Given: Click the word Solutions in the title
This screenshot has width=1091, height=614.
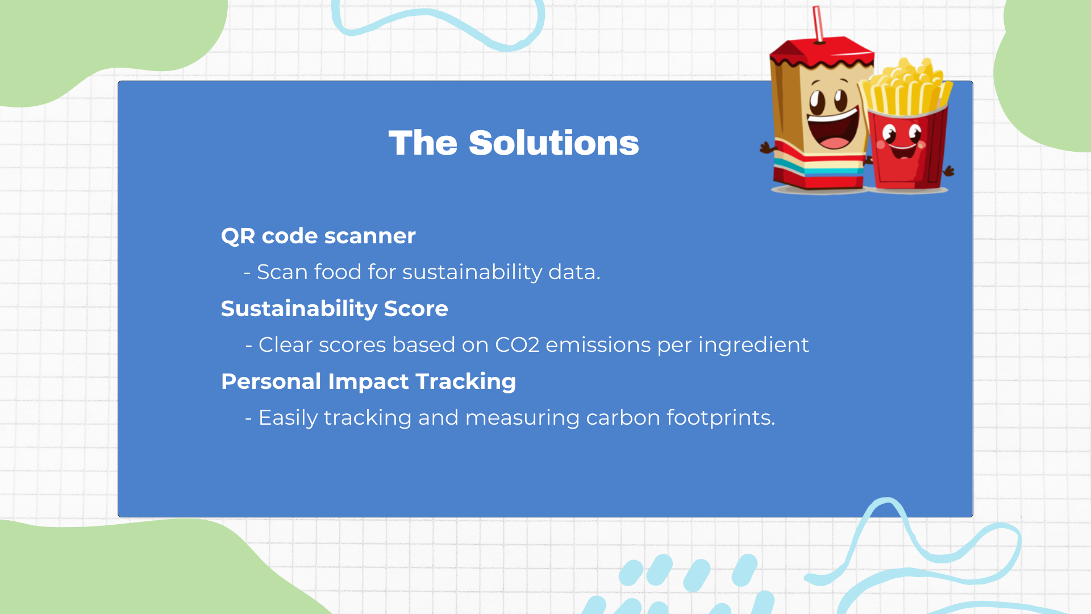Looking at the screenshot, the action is [x=553, y=143].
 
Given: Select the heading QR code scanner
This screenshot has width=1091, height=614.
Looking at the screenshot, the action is [x=318, y=236].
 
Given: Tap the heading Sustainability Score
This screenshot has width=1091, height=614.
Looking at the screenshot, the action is [x=334, y=309].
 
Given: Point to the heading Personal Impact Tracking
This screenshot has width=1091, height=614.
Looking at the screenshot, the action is [x=368, y=381].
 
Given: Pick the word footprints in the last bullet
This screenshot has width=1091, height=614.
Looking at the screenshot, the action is [x=721, y=418].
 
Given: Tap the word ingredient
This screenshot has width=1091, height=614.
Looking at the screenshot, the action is [x=753, y=345].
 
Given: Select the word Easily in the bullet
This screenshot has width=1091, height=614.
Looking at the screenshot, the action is [x=288, y=418].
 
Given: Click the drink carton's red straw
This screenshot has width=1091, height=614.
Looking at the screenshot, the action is [x=818, y=24].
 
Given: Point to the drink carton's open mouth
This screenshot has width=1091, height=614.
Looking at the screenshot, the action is [x=833, y=130].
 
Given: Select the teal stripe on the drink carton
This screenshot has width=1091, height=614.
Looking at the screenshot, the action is [x=818, y=167].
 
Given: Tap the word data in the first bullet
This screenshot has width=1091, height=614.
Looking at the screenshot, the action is [x=574, y=272].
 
